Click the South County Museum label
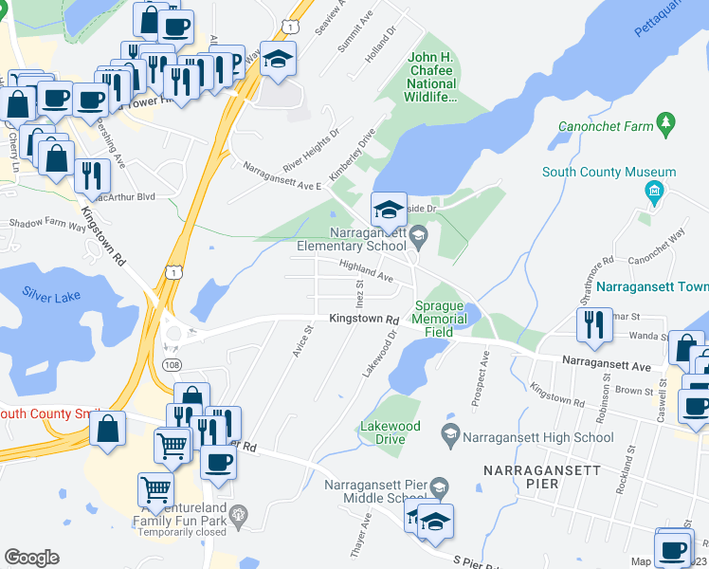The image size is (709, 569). point(609,173)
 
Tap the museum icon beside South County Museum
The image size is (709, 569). point(653,193)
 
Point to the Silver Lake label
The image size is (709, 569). point(52,295)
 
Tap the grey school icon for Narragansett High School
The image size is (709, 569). point(450,434)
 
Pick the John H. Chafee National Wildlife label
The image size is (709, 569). point(432,77)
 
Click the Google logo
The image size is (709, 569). point(31,558)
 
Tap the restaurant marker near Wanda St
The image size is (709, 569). point(591,325)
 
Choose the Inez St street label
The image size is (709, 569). point(359,291)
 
